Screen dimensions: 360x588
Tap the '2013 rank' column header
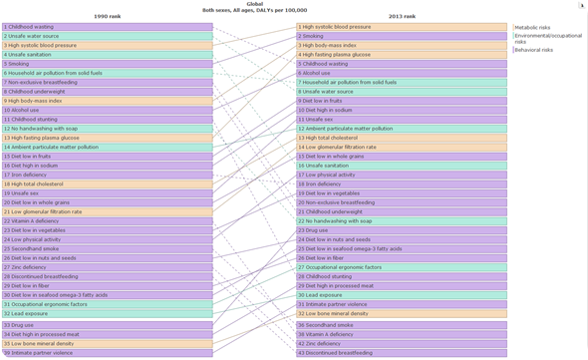pos(402,17)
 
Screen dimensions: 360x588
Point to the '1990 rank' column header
pos(107,17)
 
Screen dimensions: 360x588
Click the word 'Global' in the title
pos(254,4)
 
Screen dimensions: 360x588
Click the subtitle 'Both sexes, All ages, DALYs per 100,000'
pos(254,10)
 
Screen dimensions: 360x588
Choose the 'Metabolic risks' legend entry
pos(532,28)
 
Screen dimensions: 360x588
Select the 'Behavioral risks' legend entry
pos(533,50)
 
